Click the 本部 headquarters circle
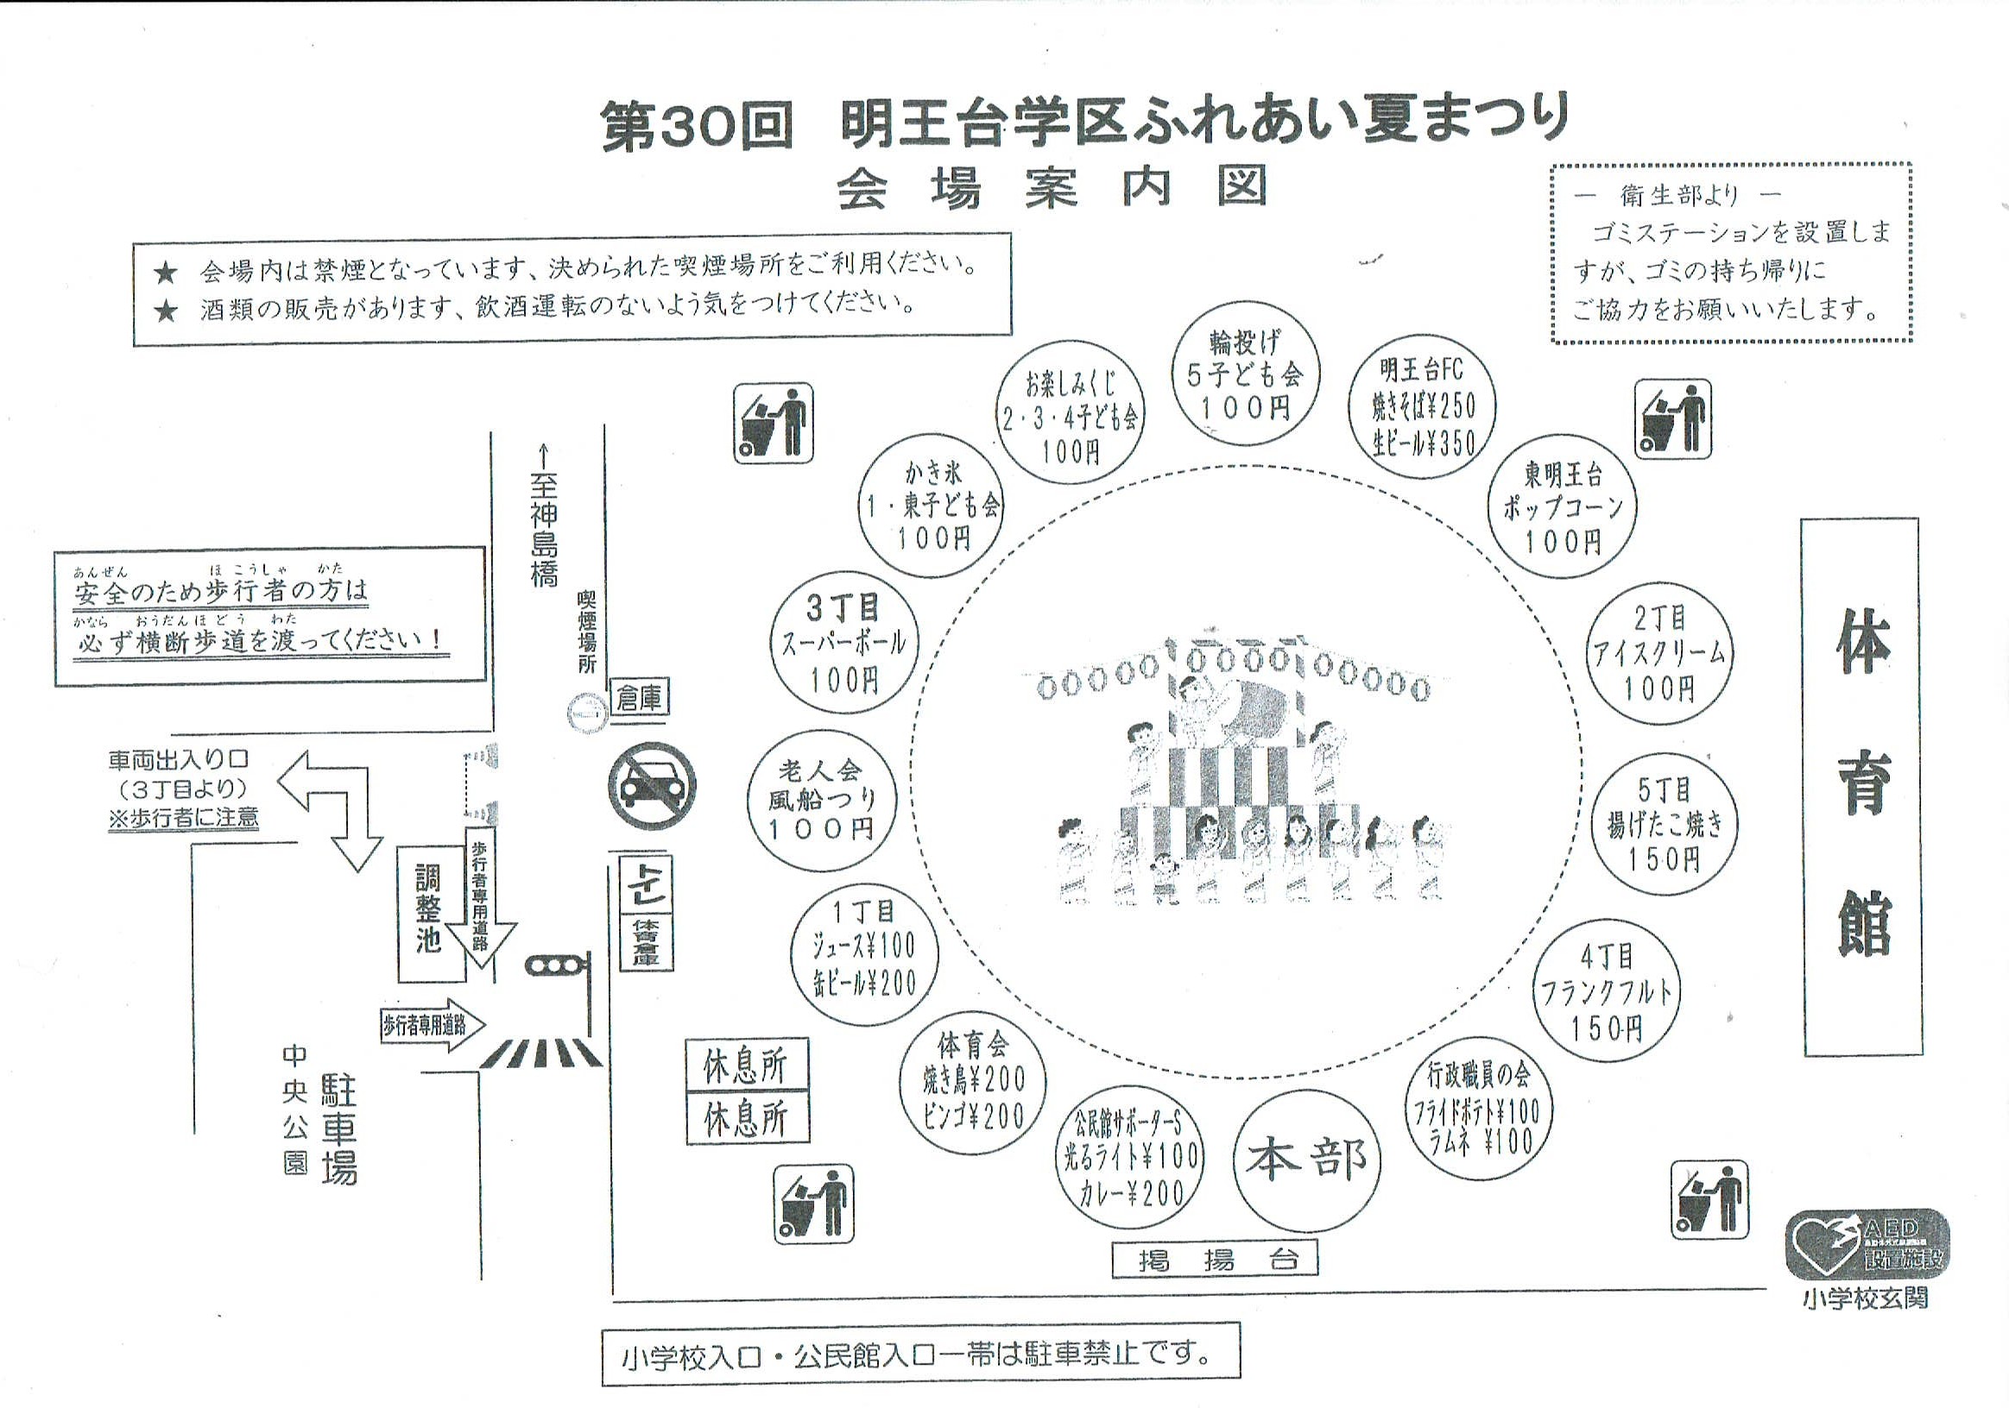tap(1306, 1159)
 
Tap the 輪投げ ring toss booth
tap(1245, 374)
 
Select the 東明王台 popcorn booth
tap(1563, 508)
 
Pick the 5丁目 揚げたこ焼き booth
tap(1664, 823)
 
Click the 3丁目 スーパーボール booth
tap(843, 643)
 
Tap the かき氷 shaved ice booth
tap(931, 506)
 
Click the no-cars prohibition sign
tap(653, 786)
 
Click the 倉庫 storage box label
tap(641, 699)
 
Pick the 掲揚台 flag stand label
tap(1215, 1260)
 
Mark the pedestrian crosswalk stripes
tap(540, 1052)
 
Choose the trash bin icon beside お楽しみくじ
tap(773, 424)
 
